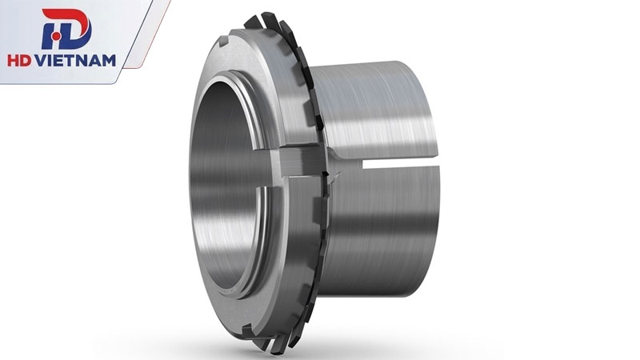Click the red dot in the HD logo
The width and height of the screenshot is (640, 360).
click(x=57, y=37)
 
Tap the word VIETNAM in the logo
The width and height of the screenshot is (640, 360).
click(x=76, y=61)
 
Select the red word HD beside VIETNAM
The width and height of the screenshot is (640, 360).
click(x=20, y=61)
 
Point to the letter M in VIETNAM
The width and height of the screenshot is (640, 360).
click(x=108, y=61)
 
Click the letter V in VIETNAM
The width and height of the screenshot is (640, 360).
click(x=42, y=61)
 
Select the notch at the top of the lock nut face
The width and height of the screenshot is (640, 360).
click(x=224, y=42)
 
